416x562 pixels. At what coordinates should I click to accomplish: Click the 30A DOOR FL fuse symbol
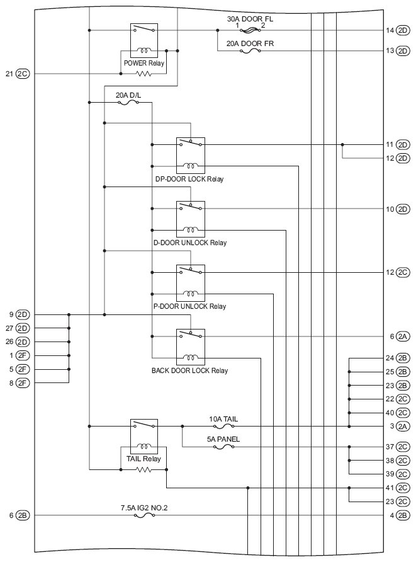250,30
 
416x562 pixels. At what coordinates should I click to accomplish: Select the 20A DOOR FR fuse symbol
250,51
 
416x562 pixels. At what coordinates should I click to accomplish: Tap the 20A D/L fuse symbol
128,103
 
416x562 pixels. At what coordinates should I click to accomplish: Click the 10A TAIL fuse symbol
224,426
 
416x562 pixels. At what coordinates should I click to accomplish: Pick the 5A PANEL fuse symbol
224,447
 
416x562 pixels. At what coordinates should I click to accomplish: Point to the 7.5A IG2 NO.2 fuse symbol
144,515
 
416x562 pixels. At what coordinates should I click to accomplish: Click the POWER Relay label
144,63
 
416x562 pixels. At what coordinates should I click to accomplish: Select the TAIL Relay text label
143,459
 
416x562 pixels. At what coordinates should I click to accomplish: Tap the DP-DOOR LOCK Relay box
191,156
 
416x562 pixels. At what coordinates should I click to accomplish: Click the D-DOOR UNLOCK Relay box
191,219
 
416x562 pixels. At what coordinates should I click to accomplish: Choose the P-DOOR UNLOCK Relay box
191,283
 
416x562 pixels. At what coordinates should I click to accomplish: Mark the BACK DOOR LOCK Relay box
191,347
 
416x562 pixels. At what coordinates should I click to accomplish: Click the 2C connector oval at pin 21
23,74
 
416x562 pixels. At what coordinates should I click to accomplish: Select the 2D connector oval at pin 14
403,30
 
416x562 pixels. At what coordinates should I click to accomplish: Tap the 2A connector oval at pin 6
403,336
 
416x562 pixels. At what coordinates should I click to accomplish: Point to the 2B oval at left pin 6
23,515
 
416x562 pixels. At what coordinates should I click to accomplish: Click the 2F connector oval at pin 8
23,383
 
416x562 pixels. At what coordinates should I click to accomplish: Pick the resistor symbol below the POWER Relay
144,74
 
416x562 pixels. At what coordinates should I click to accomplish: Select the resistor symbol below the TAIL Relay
144,469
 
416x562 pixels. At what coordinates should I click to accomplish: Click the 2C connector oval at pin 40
403,413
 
